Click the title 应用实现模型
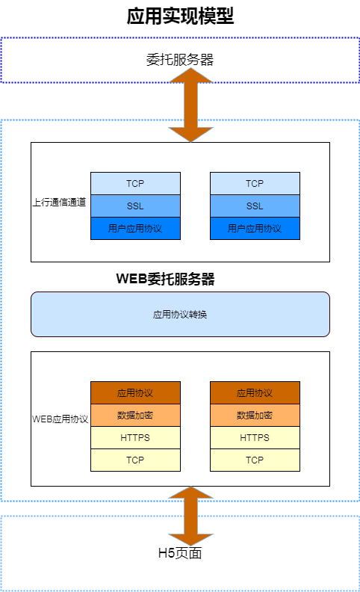(x=180, y=16)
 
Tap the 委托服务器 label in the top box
(x=180, y=60)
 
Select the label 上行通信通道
(x=59, y=202)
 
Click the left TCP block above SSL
(x=135, y=183)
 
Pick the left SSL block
(x=135, y=206)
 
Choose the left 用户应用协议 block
(x=135, y=228)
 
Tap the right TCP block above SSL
(x=255, y=183)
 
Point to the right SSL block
(x=255, y=206)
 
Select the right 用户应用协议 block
(x=255, y=228)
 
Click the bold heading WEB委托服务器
(x=165, y=279)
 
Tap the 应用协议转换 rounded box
(x=181, y=314)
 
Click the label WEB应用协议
(x=60, y=419)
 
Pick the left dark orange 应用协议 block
(x=135, y=392)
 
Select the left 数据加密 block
(x=135, y=416)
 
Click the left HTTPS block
(x=135, y=437)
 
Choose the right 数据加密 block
(x=255, y=416)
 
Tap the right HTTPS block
(x=255, y=437)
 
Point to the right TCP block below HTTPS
(x=255, y=460)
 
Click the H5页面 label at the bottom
(x=180, y=553)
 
